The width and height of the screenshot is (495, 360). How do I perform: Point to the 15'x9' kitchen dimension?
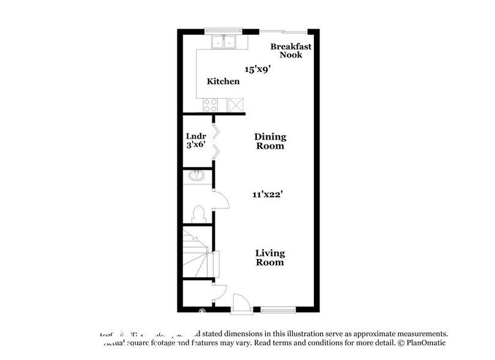pos(258,69)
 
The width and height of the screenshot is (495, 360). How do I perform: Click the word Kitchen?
pos(223,81)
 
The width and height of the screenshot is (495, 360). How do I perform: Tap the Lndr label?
pos(196,136)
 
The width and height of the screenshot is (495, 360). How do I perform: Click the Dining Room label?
pos(270,142)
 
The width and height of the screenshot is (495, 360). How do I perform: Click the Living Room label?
pos(270,257)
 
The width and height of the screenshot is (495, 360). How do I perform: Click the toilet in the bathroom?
pos(197,213)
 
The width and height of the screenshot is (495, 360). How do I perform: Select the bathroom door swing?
pos(220,199)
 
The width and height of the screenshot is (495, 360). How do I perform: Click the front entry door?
pos(242,303)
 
